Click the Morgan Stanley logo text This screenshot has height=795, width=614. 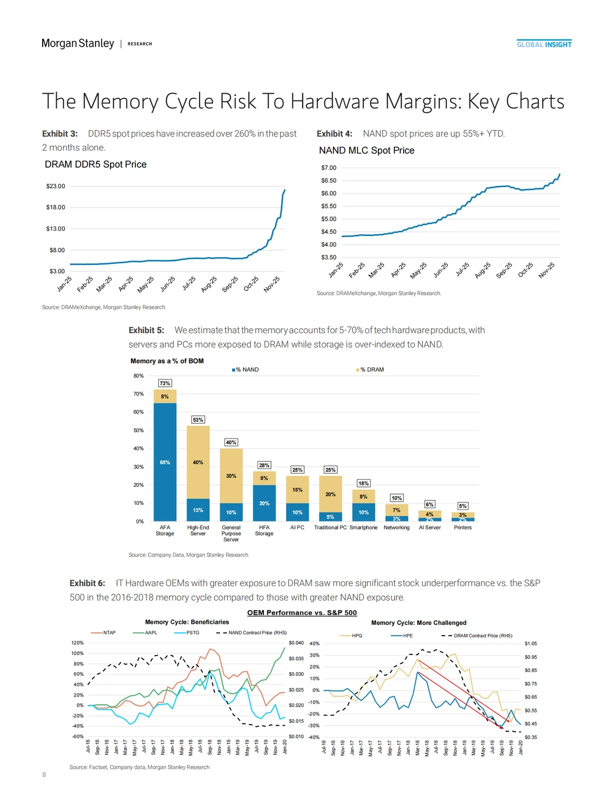(x=77, y=44)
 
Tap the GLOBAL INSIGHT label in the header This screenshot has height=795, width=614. (x=544, y=44)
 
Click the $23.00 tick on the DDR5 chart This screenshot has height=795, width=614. (x=56, y=186)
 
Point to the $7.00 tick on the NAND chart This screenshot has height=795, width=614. (x=329, y=168)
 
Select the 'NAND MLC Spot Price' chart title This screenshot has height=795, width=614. (x=367, y=150)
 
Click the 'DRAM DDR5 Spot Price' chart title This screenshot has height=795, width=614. (x=96, y=164)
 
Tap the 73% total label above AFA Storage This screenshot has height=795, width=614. (x=165, y=383)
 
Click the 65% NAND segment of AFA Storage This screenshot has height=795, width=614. (x=165, y=462)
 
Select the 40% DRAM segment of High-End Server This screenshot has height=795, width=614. (x=198, y=462)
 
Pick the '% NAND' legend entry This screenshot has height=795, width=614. (x=247, y=370)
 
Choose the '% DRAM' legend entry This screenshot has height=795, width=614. (x=371, y=370)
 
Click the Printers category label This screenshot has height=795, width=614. (x=463, y=528)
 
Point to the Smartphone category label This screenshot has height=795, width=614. (x=363, y=528)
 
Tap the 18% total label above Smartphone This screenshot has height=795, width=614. (x=363, y=483)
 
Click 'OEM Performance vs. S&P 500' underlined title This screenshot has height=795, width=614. (x=302, y=612)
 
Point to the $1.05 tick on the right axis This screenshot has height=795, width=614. (x=530, y=644)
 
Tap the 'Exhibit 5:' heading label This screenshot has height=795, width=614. (x=146, y=330)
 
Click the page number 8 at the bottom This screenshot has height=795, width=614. (x=44, y=775)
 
